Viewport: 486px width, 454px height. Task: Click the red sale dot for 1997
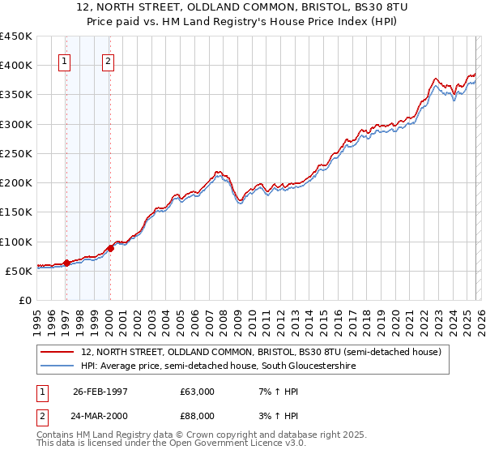pos(67,263)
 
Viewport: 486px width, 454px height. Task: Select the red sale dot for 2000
pos(111,248)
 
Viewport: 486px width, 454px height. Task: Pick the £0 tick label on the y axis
pos(24,300)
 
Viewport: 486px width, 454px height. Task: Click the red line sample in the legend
pos(58,353)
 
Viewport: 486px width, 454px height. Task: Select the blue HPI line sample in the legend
pos(58,366)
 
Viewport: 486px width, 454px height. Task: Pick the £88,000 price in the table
pos(198,416)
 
